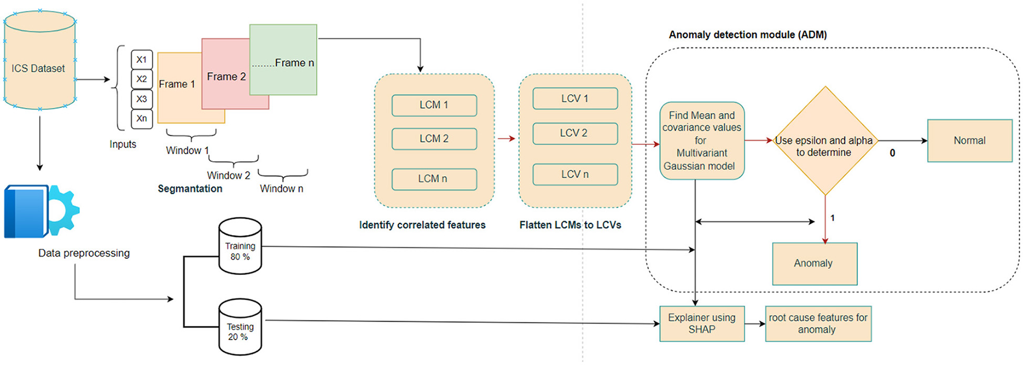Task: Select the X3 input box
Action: pyautogui.click(x=141, y=99)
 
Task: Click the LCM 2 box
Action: pyautogui.click(x=434, y=139)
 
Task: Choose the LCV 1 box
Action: pyautogui.click(x=575, y=99)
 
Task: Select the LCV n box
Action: pyautogui.click(x=575, y=174)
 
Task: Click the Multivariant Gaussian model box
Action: pyautogui.click(x=701, y=141)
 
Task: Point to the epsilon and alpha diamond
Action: pyautogui.click(x=825, y=141)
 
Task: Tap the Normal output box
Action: pyautogui.click(x=969, y=140)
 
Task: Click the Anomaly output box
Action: pyautogui.click(x=814, y=263)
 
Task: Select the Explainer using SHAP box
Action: pyautogui.click(x=701, y=323)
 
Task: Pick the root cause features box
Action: pyautogui.click(x=817, y=323)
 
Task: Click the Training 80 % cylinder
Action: pyautogui.click(x=240, y=247)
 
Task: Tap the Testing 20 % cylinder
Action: pyautogui.click(x=240, y=327)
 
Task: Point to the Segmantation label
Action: pyautogui.click(x=190, y=189)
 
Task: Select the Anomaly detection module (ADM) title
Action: pyautogui.click(x=748, y=35)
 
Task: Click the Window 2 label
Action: pyautogui.click(x=229, y=176)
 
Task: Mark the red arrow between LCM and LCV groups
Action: pyautogui.click(x=506, y=139)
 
